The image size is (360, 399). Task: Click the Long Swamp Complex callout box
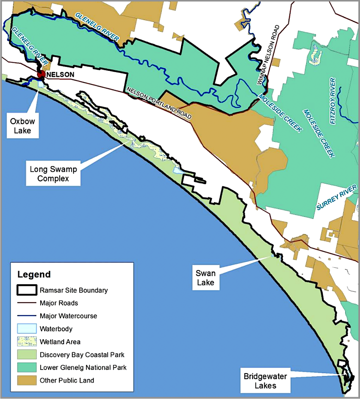click(53, 174)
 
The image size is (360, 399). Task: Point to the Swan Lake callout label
click(205, 277)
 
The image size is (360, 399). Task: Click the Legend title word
click(33, 274)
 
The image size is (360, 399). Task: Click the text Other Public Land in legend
click(67, 380)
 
